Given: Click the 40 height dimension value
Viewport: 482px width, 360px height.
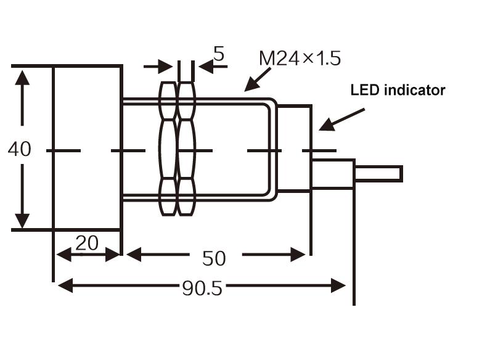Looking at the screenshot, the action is click(19, 149).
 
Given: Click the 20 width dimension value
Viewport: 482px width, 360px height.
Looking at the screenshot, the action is click(87, 243).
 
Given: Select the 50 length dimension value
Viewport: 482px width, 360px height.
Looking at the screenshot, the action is click(214, 258).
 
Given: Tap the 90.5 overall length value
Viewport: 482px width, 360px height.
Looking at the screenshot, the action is click(202, 288).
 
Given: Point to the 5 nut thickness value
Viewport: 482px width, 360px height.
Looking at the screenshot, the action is click(219, 54).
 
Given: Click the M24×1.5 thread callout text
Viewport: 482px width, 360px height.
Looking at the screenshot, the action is click(300, 59).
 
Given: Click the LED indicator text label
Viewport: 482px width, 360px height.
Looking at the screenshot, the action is click(398, 90).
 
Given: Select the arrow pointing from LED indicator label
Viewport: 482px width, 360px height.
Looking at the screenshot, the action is click(341, 120).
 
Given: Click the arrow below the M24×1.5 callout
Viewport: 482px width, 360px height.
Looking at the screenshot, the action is click(258, 80).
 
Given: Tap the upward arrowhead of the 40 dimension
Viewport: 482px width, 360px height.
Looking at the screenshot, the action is click(22, 78).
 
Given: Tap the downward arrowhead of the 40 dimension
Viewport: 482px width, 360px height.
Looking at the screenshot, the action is click(22, 221).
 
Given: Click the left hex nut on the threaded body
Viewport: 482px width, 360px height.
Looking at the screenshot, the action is click(168, 149).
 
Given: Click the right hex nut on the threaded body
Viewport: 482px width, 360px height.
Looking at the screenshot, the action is click(186, 149).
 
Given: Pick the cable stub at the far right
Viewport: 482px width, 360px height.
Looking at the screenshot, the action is click(378, 174).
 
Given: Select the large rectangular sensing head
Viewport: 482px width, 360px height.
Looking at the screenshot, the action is click(88, 148).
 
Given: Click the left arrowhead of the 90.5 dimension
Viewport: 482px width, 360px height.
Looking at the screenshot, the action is click(65, 285).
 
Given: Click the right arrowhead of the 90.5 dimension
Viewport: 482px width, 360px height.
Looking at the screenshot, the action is click(338, 285).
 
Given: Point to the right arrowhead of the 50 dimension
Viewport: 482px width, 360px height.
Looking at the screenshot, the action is click(298, 255).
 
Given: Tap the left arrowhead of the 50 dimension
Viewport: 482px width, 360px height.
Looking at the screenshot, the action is click(134, 255).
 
